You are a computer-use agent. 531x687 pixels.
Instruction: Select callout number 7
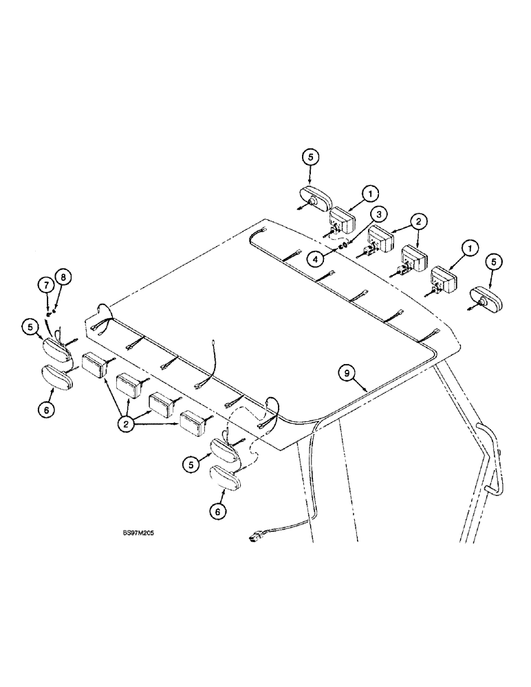[45, 284]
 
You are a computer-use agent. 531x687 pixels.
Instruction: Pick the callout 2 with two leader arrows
[419, 221]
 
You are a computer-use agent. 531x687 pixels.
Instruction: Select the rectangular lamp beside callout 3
[341, 223]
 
